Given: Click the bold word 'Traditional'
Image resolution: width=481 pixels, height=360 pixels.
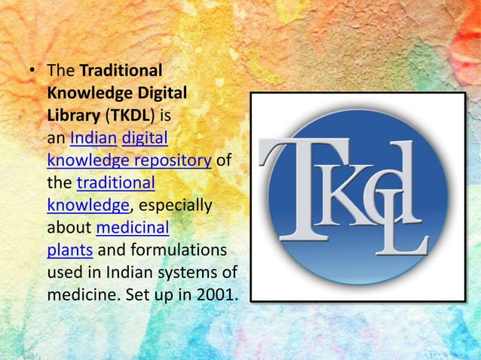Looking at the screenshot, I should pyautogui.click(x=121, y=72).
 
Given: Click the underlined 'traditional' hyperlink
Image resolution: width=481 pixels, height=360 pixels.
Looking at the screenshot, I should pyautogui.click(x=116, y=183).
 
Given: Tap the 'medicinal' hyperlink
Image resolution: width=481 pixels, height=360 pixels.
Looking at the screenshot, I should pyautogui.click(x=133, y=227).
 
